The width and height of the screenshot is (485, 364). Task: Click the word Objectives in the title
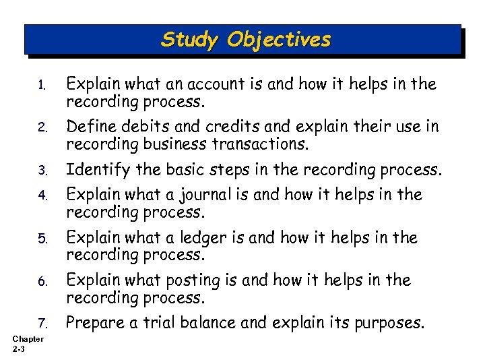pos(279,40)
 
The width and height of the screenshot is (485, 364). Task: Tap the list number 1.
pos(41,86)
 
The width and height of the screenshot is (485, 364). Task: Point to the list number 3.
pos(41,171)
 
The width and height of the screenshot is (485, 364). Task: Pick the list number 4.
pos(41,196)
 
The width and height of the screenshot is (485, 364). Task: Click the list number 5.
pos(41,239)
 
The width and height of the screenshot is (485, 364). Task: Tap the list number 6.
pos(41,281)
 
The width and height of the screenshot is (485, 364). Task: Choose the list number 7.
pos(41,324)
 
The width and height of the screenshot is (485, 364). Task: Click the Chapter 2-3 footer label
pos(28,344)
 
